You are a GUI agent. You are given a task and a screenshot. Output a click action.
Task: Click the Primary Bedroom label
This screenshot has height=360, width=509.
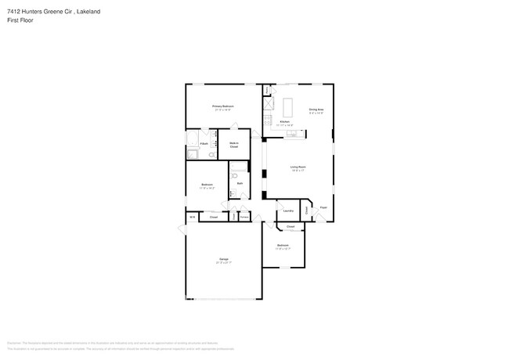pyautogui.click(x=222, y=106)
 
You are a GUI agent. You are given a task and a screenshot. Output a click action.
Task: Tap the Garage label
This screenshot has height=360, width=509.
pyautogui.click(x=223, y=259)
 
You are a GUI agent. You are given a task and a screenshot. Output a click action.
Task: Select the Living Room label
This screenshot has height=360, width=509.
pyautogui.click(x=298, y=167)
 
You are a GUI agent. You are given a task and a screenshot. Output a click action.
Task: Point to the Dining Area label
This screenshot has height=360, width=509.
pyautogui.click(x=316, y=109)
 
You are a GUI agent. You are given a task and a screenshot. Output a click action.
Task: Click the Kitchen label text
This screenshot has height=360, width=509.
pyautogui.click(x=285, y=122)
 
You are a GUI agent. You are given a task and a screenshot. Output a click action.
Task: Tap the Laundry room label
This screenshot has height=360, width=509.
pyautogui.click(x=287, y=211)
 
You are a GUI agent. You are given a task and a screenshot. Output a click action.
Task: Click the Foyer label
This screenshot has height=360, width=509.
pyautogui.click(x=323, y=207)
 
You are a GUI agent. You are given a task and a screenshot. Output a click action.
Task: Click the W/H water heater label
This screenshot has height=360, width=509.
pyautogui.click(x=192, y=217)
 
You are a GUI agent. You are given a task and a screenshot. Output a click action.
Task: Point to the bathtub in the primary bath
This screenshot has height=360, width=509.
pyautogui.click(x=193, y=141)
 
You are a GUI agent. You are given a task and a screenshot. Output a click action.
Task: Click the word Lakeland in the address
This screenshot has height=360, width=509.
pyautogui.click(x=88, y=12)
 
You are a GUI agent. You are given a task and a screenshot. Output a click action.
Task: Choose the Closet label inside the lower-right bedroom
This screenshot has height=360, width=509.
pyautogui.click(x=290, y=227)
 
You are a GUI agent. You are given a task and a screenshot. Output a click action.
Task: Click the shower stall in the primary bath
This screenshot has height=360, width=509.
pyautogui.click(x=192, y=154)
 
